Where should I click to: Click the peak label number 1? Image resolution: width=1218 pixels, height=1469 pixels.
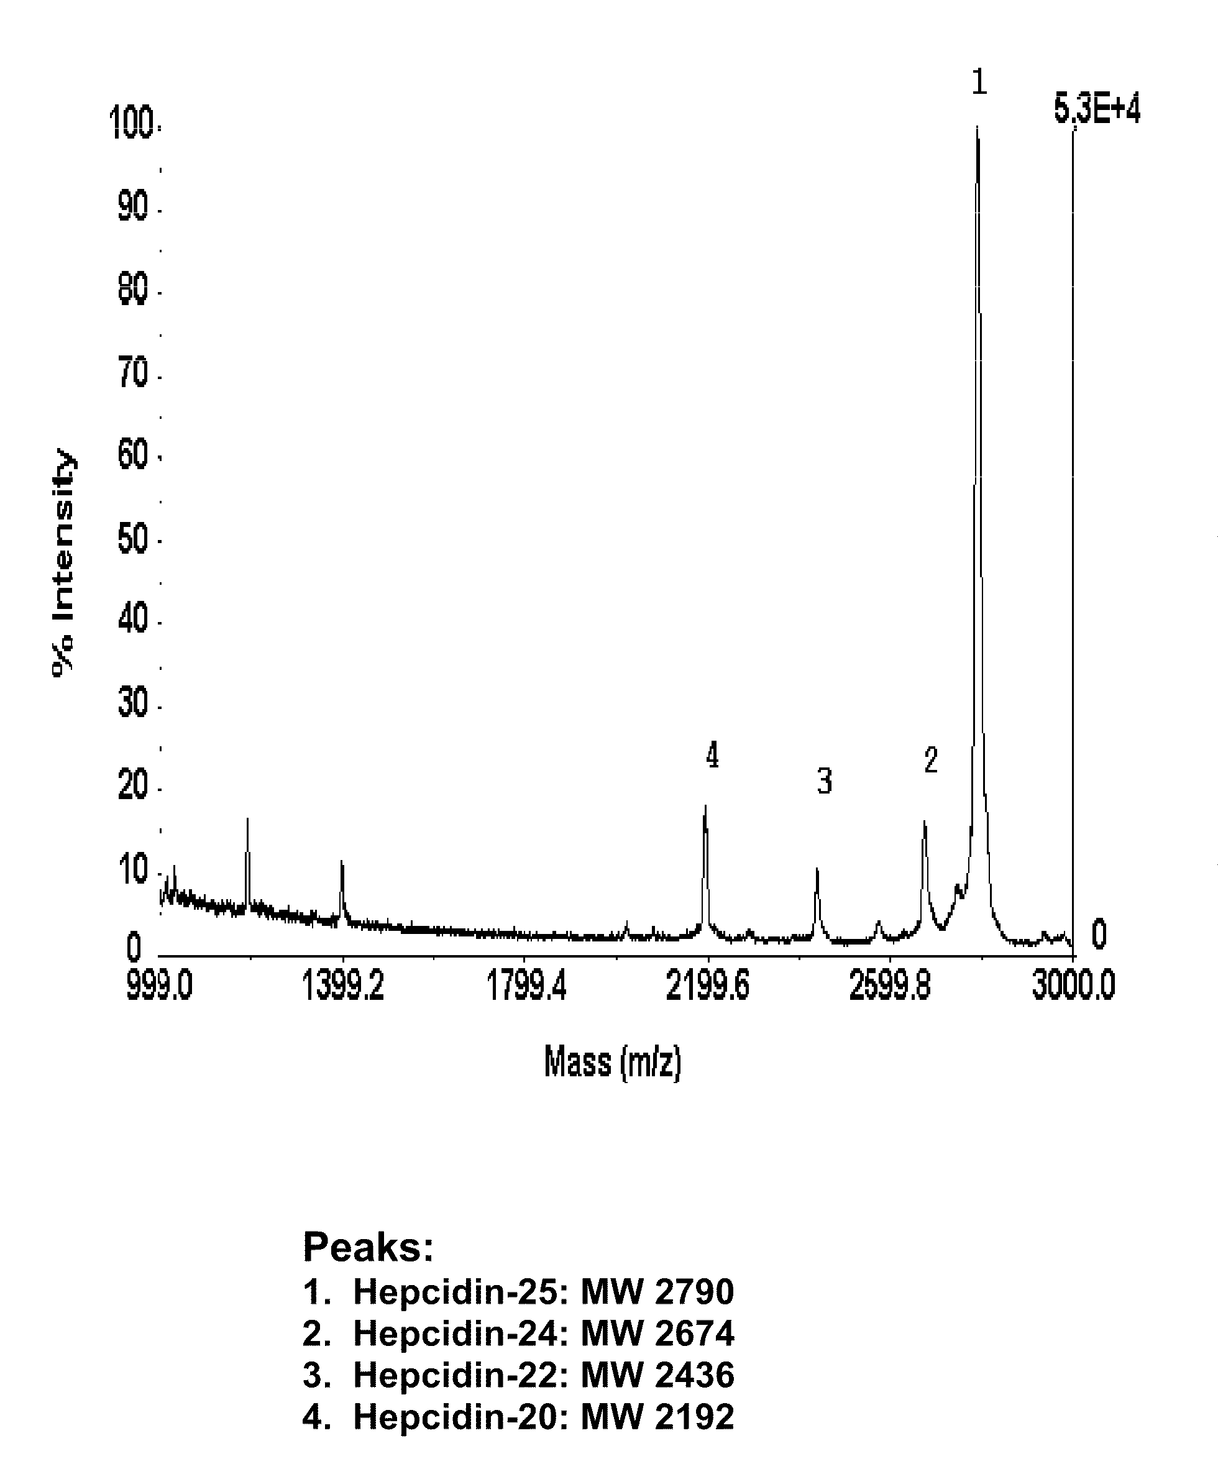coord(979,83)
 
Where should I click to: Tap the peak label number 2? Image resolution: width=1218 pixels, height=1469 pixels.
coord(930,761)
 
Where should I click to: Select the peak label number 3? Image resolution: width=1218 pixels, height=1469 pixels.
coord(825,780)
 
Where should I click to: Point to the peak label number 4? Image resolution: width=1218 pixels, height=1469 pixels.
coord(712,756)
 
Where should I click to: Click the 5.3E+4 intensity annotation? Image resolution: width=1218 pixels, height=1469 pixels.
coord(1097,111)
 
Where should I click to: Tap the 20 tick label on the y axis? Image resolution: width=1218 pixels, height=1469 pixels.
coord(133,787)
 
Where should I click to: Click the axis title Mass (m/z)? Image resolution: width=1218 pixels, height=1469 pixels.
coord(612,1063)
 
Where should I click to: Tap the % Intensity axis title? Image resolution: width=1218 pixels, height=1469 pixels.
coord(63,563)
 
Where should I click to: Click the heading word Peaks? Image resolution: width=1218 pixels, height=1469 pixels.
coord(369,1247)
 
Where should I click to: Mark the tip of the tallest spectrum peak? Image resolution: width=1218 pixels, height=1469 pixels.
coord(978,127)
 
